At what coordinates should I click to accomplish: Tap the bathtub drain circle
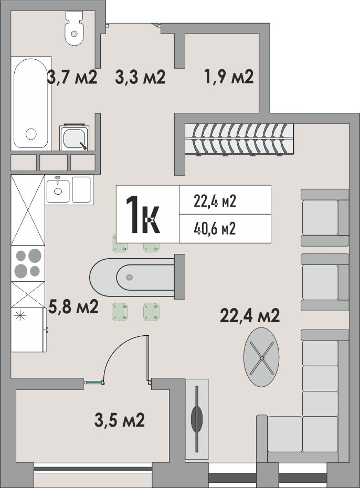pos(31,134)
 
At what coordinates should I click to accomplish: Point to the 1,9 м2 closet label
pos(229,77)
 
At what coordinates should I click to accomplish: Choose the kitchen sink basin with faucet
pos(58,189)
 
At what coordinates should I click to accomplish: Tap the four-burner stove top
pos(28,263)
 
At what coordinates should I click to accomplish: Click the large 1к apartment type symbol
pos(143,214)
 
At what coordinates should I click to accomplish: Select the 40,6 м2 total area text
pos(215,229)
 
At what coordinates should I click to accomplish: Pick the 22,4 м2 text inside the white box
pos(215,201)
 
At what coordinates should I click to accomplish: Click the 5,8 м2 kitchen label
pos(73,306)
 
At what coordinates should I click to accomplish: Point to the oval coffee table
pos(261,357)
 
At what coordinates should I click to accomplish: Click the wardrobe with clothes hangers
pos(239,140)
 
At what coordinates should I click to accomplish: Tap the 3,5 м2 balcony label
pos(120,420)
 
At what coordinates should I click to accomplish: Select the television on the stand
pos(197,419)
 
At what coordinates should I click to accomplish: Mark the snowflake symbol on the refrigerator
pos(19,316)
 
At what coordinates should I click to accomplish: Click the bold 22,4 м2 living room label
pos(250,315)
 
